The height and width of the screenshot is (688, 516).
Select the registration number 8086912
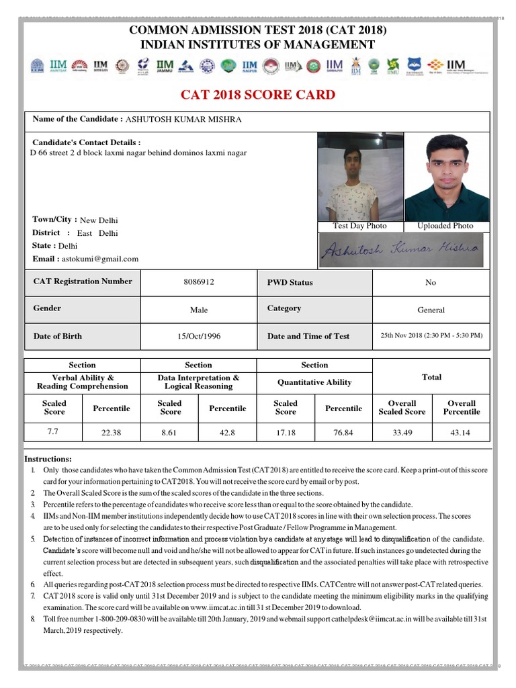click(x=199, y=282)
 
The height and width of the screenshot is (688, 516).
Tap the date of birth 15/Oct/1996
click(x=199, y=336)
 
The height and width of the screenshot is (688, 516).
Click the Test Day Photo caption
click(x=360, y=226)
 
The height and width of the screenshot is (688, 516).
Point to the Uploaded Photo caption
click(x=445, y=226)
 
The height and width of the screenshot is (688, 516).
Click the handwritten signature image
click(x=400, y=250)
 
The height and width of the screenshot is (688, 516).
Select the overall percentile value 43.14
click(x=461, y=433)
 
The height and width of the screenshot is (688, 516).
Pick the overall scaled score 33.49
click(x=402, y=433)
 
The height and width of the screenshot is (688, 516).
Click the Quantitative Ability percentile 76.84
click(x=343, y=433)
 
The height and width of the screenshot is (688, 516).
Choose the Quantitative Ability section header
click(x=314, y=382)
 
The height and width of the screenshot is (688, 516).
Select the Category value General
click(x=431, y=310)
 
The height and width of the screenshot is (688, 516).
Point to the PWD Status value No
click(x=431, y=282)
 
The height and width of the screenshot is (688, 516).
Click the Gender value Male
click(x=199, y=310)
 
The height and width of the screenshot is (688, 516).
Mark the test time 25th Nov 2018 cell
click(x=431, y=335)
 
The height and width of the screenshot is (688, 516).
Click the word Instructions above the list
click(x=48, y=458)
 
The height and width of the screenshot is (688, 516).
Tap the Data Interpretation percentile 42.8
click(x=227, y=433)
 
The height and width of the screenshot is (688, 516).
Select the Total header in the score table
click(x=431, y=377)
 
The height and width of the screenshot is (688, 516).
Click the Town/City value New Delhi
click(x=99, y=220)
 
